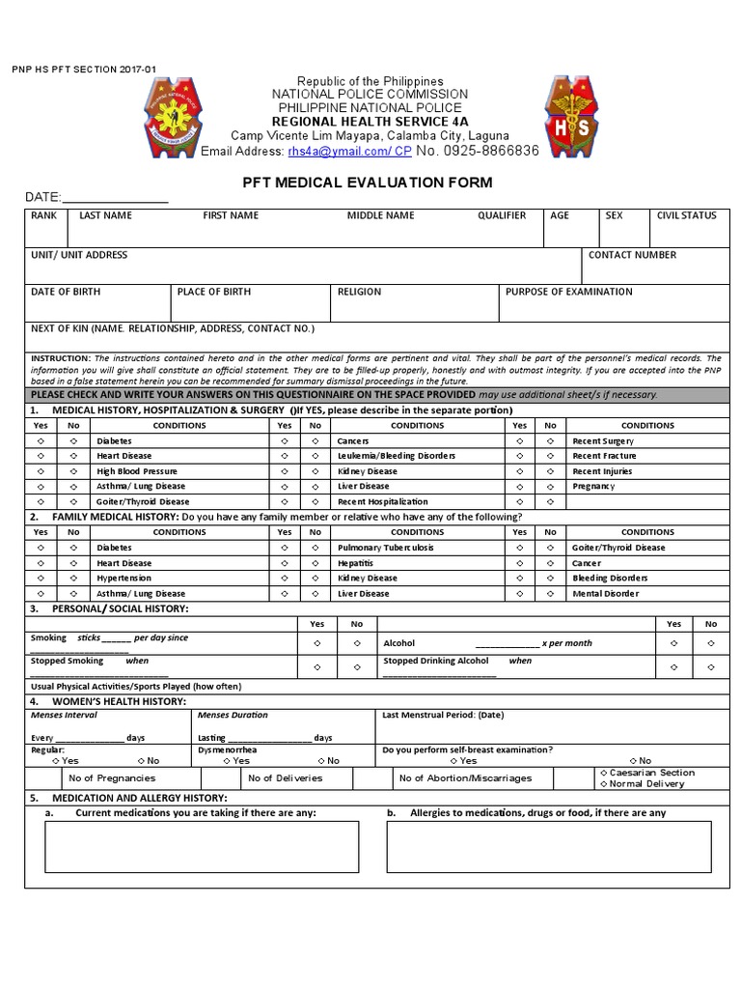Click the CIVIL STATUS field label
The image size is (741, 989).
[686, 215]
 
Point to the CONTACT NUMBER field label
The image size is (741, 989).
[632, 255]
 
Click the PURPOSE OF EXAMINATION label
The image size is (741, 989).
[568, 292]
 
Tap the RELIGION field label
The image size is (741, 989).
[359, 292]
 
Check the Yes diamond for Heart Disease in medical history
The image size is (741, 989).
[41, 456]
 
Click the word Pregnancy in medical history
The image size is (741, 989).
[593, 486]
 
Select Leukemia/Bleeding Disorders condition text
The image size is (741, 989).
[397, 456]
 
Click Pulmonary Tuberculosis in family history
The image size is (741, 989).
[385, 548]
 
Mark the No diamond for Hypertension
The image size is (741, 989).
[73, 579]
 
